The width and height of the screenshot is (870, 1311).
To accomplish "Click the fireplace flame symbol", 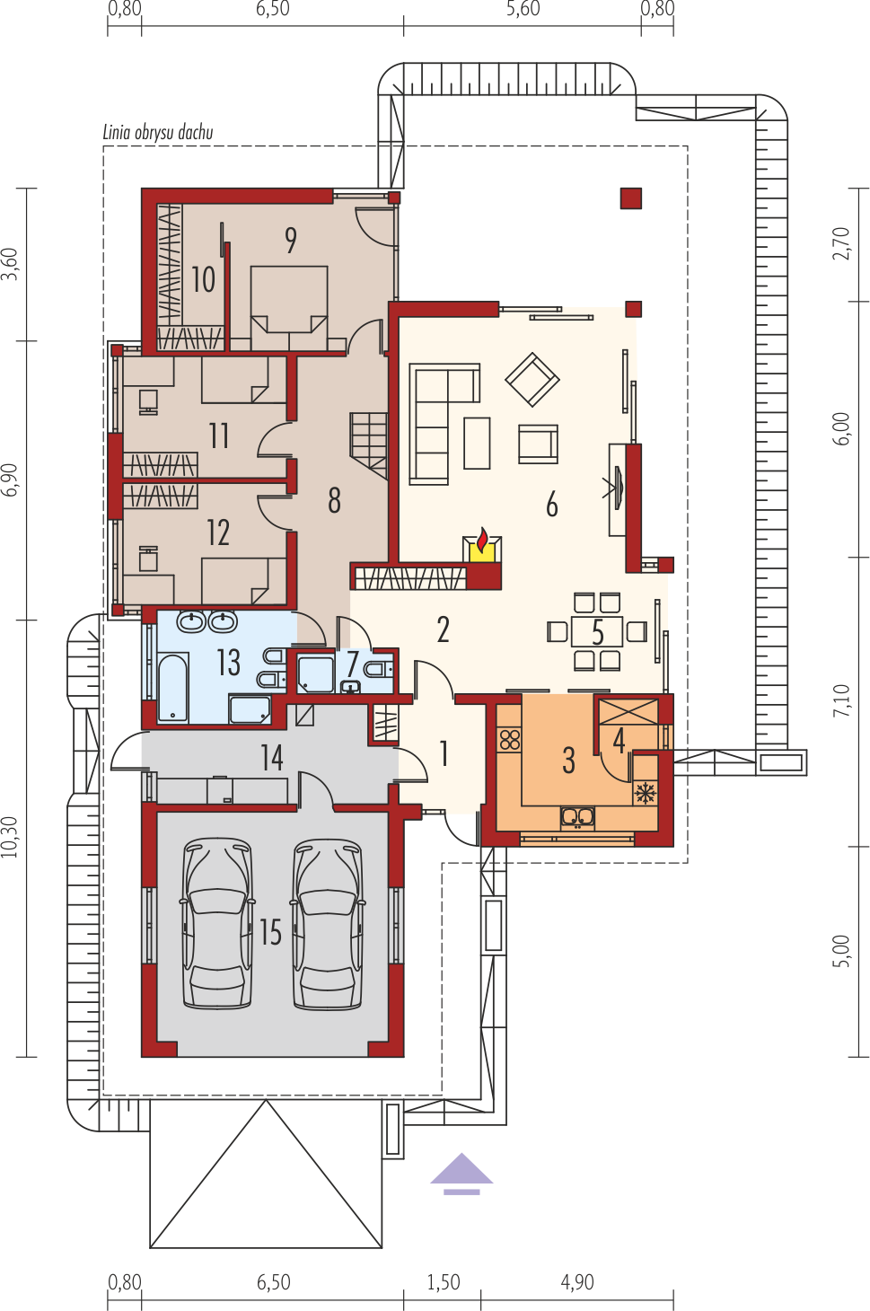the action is [482, 540].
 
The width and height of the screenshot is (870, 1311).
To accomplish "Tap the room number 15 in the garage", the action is [271, 932].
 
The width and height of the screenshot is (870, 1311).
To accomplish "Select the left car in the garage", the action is [217, 924].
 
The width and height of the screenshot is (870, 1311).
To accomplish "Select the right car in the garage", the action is [328, 924].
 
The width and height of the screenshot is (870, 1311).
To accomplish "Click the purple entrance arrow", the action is [461, 1174].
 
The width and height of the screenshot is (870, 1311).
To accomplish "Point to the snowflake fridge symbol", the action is [646, 794].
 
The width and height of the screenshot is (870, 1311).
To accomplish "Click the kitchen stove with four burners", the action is [510, 740].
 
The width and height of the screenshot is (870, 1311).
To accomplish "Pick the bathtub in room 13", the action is [173, 687].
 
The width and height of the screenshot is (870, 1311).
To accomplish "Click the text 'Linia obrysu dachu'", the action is [158, 133].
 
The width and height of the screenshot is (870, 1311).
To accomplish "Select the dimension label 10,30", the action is [11, 837].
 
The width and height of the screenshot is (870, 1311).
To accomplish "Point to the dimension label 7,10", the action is [841, 700].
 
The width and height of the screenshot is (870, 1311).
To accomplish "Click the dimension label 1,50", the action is [444, 1282].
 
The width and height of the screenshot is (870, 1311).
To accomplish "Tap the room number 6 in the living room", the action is [552, 504].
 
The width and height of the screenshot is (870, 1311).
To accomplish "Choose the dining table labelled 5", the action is [597, 631].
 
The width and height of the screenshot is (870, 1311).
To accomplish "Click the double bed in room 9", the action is [289, 308].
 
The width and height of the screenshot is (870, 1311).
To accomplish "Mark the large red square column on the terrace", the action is [631, 198].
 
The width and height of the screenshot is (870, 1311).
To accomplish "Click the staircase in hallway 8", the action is [369, 444].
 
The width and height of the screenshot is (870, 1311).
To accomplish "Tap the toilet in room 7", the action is [378, 668].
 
